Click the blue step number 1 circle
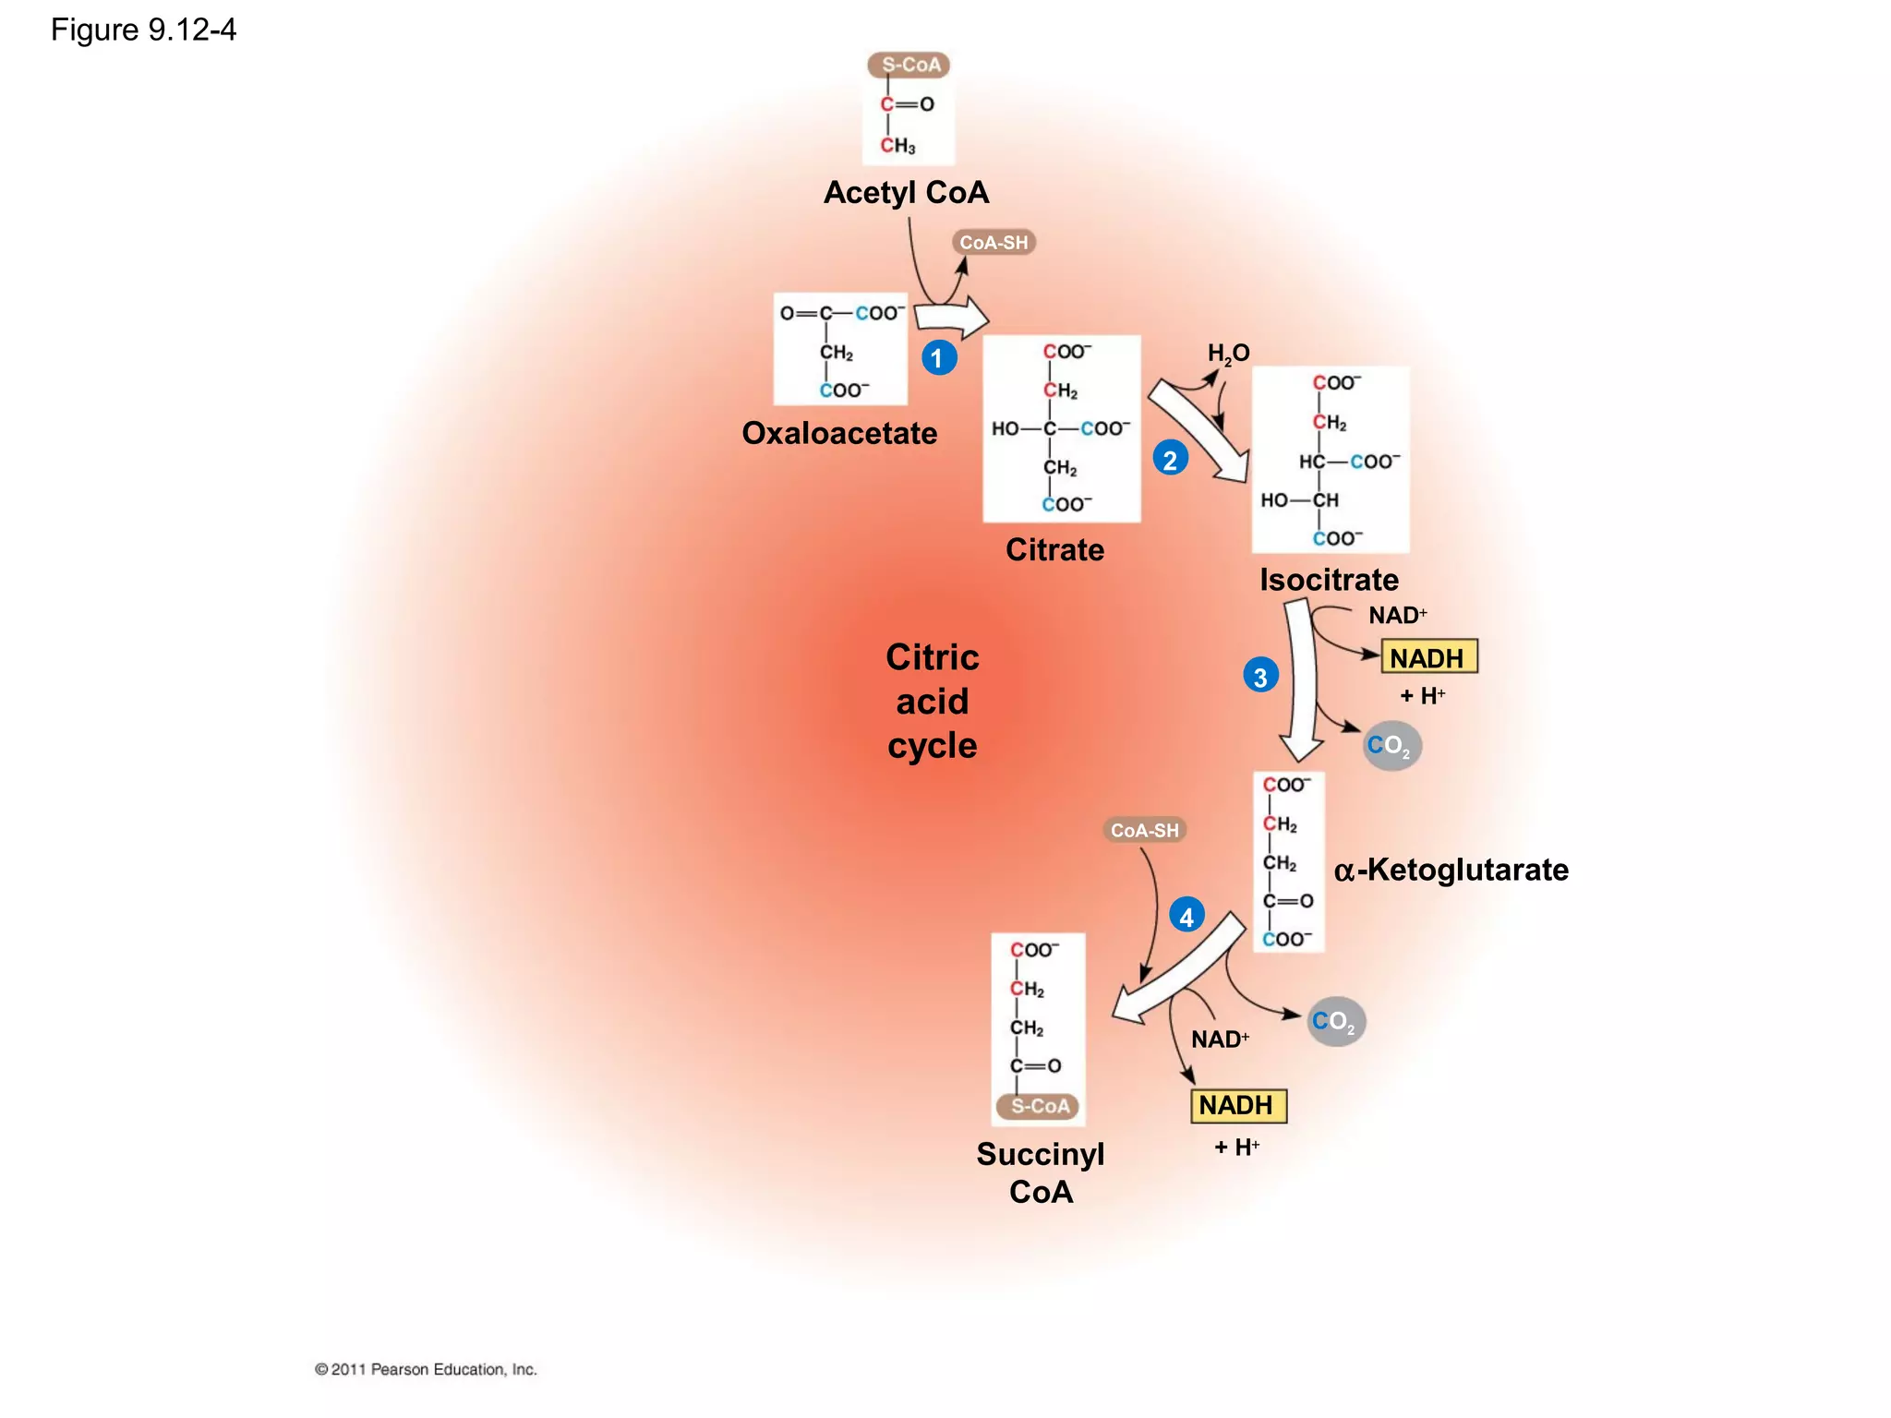[938, 357]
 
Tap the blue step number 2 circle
[1170, 459]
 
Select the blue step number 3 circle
[1260, 676]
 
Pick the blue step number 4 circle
[1186, 916]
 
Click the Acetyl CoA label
[906, 192]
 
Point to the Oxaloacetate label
[839, 433]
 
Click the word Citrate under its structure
[1054, 549]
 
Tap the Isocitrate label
[1329, 580]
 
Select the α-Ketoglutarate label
[1451, 870]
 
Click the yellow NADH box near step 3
[1428, 657]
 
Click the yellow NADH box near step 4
[1237, 1105]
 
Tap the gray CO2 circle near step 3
[1391, 745]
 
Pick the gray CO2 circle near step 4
[1335, 1021]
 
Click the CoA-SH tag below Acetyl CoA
[994, 243]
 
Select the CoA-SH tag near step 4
[1144, 830]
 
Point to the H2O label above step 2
[1228, 353]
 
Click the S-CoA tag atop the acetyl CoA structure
[909, 65]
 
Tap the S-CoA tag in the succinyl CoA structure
[1039, 1106]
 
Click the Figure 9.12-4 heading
[143, 30]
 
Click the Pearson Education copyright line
[426, 1369]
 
